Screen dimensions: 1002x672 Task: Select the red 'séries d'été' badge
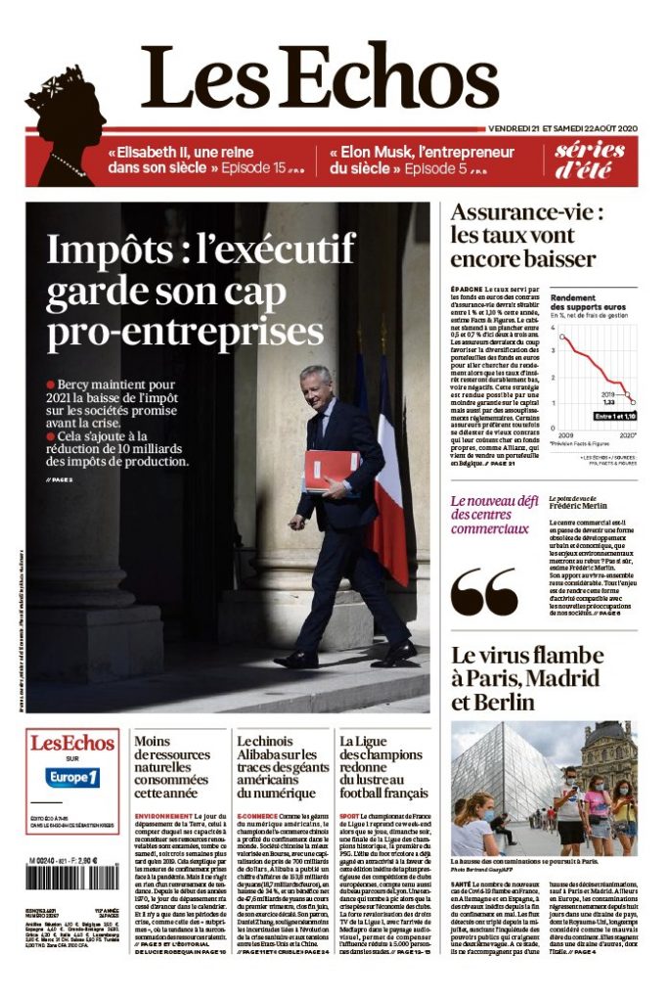(x=590, y=160)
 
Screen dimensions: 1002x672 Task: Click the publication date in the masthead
(x=562, y=128)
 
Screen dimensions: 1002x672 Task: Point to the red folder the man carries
(x=332, y=471)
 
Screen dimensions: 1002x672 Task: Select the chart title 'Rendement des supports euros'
(x=588, y=301)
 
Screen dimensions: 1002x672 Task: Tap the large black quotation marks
(x=484, y=590)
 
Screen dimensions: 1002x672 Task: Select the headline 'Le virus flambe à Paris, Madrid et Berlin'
(x=541, y=678)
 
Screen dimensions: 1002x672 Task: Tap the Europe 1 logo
(x=73, y=778)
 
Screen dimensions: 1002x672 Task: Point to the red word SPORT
(x=349, y=815)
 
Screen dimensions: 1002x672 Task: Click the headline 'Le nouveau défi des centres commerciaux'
(x=494, y=515)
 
